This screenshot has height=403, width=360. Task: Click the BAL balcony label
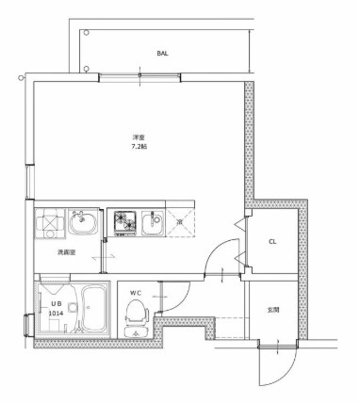[162, 55]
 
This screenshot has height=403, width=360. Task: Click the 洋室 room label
[139, 137]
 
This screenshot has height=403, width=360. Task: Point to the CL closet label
[272, 242]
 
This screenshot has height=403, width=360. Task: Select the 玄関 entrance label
[273, 310]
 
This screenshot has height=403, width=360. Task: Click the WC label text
[134, 293]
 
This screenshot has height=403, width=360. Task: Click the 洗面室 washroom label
[65, 252]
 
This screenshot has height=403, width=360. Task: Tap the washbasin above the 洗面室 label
[82, 224]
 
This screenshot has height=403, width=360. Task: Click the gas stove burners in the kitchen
[123, 222]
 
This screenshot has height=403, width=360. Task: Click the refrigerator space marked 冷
[181, 223]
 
